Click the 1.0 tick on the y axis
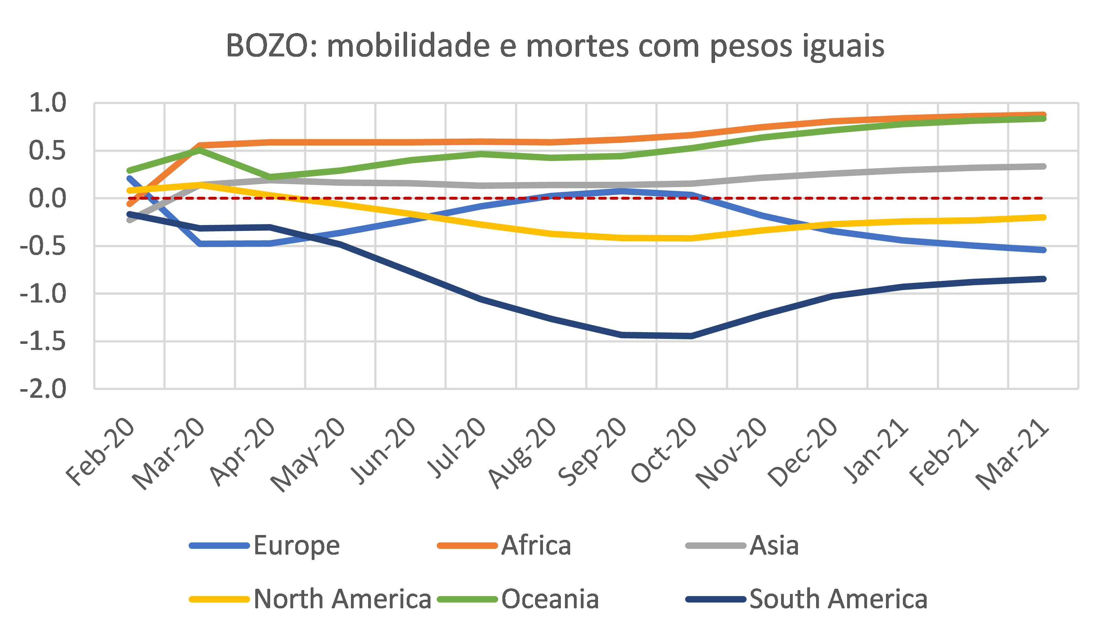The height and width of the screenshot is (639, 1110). pyautogui.click(x=47, y=103)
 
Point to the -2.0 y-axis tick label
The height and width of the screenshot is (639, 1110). pyautogui.click(x=43, y=389)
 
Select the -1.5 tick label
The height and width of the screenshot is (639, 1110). pyautogui.click(x=43, y=341)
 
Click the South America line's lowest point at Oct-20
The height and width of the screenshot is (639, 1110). pyautogui.click(x=692, y=336)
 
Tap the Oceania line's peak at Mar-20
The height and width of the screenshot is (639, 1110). pyautogui.click(x=200, y=150)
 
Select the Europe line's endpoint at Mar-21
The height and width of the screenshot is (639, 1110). pyautogui.click(x=1044, y=250)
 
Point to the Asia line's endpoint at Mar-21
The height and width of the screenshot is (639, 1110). pyautogui.click(x=1044, y=166)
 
